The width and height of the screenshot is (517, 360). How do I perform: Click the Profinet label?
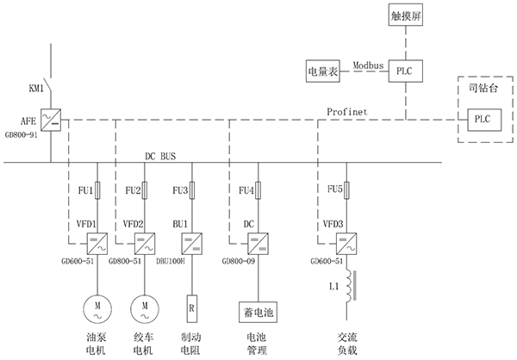click(347, 112)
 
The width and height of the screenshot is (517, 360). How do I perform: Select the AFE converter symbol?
click(51, 119)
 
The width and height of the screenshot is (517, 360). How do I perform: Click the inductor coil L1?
click(350, 287)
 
